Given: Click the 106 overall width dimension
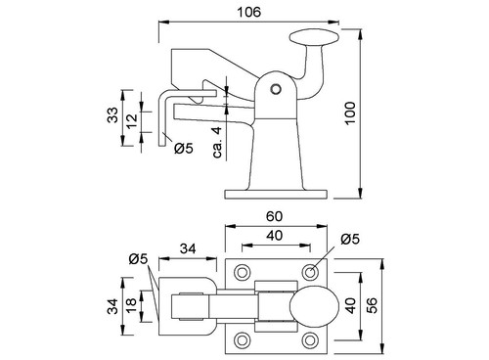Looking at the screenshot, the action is pyautogui.click(x=248, y=13).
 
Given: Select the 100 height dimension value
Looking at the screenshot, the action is pyautogui.click(x=350, y=112).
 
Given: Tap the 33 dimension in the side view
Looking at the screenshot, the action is pyautogui.click(x=112, y=114).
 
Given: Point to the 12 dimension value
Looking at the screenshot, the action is pyautogui.click(x=132, y=121).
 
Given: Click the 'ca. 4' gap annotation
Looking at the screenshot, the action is pyautogui.click(x=217, y=142).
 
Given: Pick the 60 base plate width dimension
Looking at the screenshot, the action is pyautogui.click(x=274, y=216).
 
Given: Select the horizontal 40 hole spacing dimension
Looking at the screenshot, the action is pyautogui.click(x=275, y=235).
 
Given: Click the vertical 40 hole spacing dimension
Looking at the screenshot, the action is pyautogui.click(x=351, y=305).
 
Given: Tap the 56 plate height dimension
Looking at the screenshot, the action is pyautogui.click(x=372, y=305).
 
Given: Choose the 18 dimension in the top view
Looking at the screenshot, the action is pyautogui.click(x=131, y=305).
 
